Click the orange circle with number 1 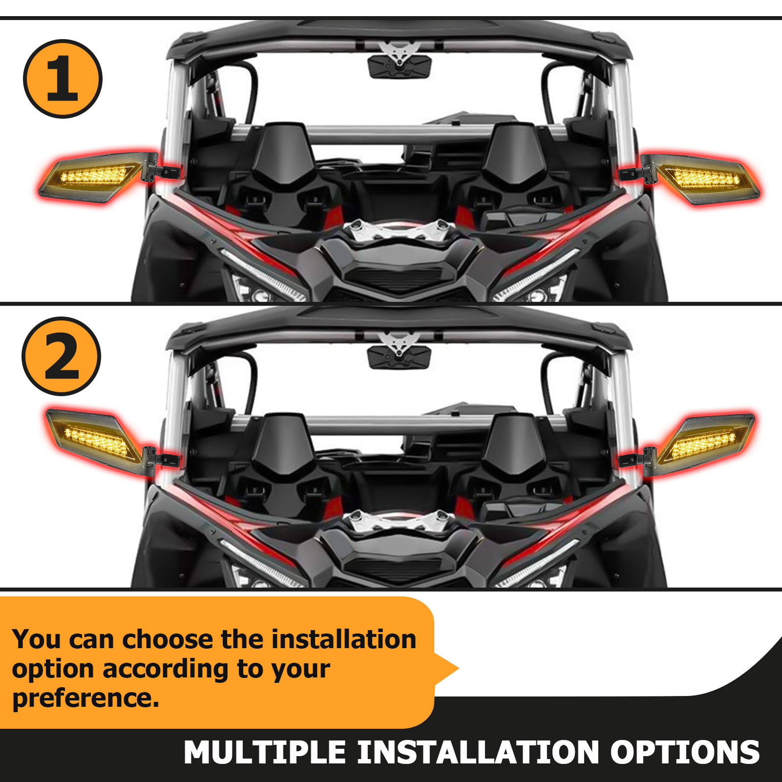(63, 79)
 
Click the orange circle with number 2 (62, 356)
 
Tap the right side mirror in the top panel (704, 178)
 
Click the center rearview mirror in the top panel (400, 65)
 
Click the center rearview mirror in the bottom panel (400, 356)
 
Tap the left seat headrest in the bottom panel (282, 442)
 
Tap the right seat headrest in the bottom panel (514, 442)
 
